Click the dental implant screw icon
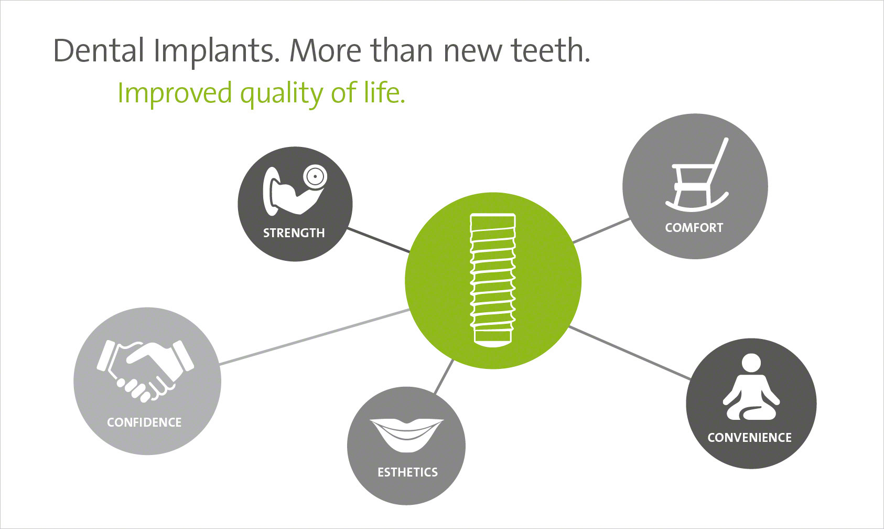click(x=493, y=280)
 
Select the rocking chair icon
click(x=697, y=174)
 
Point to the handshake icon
click(x=145, y=371)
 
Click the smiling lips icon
click(x=406, y=435)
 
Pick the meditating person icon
click(x=751, y=387)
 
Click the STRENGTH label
click(x=294, y=233)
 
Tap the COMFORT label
click(x=694, y=228)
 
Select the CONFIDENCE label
click(x=144, y=422)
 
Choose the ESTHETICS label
click(x=408, y=472)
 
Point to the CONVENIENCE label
click(x=749, y=438)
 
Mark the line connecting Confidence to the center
click(x=314, y=337)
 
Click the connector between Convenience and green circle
click(x=630, y=353)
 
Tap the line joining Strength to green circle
click(x=379, y=240)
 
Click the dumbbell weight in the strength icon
click(x=315, y=177)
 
